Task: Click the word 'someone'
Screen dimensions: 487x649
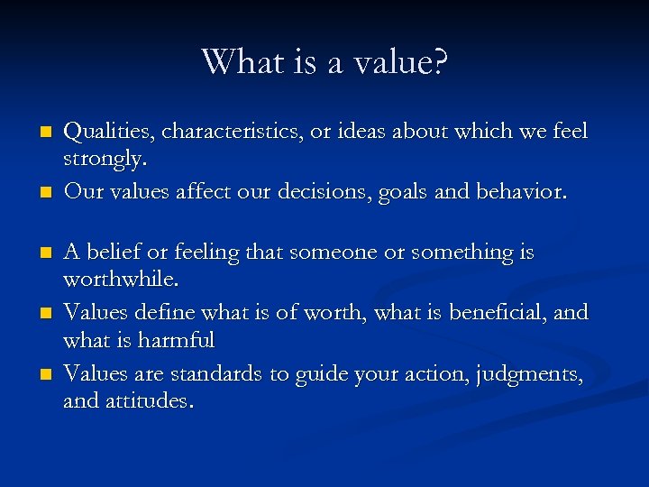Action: coord(334,253)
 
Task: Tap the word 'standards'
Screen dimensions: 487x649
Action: coord(220,373)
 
